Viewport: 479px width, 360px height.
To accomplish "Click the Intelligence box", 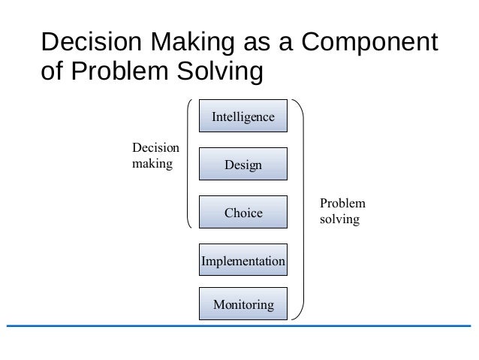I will pyautogui.click(x=243, y=117).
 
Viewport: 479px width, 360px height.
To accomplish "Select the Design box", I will pyautogui.click(x=243, y=165).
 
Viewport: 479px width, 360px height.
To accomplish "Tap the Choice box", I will pyautogui.click(x=243, y=213).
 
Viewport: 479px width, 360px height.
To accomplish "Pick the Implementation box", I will pyautogui.click(x=243, y=261).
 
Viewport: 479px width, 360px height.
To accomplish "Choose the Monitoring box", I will pyautogui.click(x=243, y=304).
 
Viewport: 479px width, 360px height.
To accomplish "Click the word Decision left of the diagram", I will pyautogui.click(x=155, y=148).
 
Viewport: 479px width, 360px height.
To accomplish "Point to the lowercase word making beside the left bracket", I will pyautogui.click(x=152, y=162).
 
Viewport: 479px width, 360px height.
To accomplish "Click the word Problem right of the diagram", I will pyautogui.click(x=342, y=204).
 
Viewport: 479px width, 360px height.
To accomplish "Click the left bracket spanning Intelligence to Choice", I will pyautogui.click(x=188, y=162).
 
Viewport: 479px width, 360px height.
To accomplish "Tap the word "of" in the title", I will pyautogui.click(x=54, y=73).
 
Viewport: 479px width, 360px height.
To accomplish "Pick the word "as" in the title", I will pyautogui.click(x=264, y=42).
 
